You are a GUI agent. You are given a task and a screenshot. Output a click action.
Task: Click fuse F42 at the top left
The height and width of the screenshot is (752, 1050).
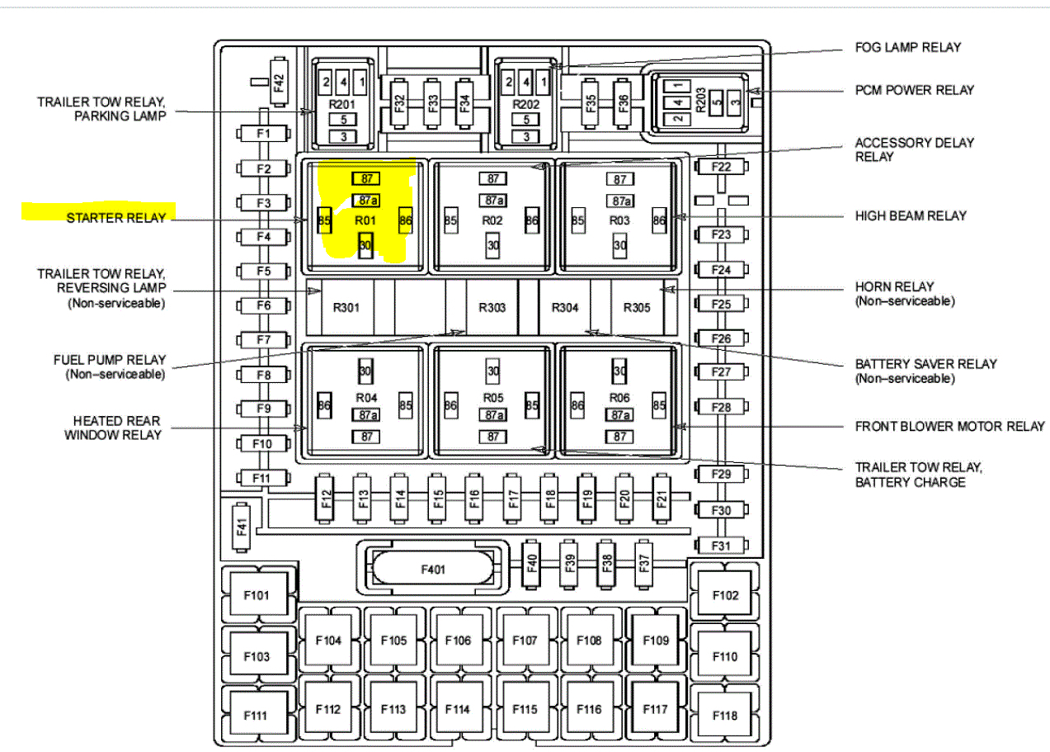(x=279, y=83)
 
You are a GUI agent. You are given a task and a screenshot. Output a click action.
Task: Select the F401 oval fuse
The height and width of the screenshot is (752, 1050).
(x=432, y=569)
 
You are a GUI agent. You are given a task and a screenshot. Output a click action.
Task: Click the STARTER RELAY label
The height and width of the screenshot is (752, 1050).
(x=116, y=218)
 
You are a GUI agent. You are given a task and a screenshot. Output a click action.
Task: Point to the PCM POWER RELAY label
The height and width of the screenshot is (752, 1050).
(x=914, y=90)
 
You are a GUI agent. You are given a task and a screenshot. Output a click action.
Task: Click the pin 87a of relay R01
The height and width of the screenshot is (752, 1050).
(x=365, y=200)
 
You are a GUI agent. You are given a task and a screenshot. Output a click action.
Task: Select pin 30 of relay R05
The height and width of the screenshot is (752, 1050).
(x=493, y=371)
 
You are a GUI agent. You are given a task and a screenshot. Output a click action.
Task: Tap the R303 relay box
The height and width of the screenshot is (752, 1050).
(x=492, y=307)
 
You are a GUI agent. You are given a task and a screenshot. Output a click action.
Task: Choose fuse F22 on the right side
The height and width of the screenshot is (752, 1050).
(x=722, y=168)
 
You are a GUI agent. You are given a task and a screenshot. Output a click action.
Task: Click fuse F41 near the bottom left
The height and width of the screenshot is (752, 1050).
(x=242, y=526)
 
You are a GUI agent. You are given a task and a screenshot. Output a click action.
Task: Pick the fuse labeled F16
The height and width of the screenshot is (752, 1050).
(x=473, y=498)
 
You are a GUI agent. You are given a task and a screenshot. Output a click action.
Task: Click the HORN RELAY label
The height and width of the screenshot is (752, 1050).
(x=894, y=287)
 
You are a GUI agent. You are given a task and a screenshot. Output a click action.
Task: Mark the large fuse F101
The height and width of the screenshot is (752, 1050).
(x=257, y=594)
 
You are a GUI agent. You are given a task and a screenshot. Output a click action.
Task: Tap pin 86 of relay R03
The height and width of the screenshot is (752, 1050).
(x=658, y=220)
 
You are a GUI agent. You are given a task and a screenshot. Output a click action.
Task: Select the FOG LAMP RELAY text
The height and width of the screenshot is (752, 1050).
(x=907, y=47)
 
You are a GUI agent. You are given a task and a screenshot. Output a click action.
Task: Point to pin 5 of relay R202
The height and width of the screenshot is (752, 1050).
(x=525, y=119)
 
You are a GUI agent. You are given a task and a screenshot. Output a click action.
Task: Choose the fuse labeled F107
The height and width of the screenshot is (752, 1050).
(x=525, y=641)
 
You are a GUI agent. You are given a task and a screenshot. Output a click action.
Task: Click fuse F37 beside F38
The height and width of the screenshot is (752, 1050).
(x=644, y=563)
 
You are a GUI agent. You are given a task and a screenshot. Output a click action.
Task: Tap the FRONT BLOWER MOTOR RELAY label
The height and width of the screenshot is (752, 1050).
(x=949, y=427)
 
